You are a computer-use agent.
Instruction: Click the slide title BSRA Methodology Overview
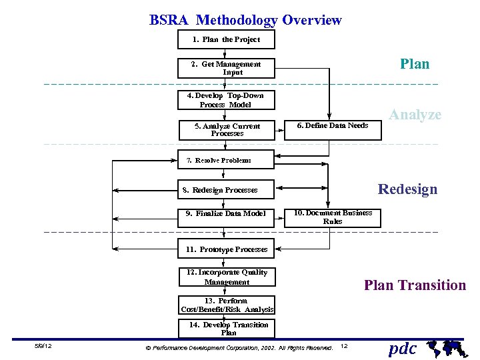[x=245, y=20]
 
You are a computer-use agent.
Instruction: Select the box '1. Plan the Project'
[x=227, y=40]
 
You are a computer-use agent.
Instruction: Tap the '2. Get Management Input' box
[x=227, y=68]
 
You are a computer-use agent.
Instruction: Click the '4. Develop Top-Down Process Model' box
[x=227, y=100]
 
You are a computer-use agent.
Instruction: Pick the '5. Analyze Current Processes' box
[x=227, y=129]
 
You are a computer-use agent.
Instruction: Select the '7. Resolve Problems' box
[x=227, y=160]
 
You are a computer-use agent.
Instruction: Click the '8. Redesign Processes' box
[x=227, y=190]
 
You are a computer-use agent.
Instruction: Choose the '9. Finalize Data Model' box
[x=227, y=214]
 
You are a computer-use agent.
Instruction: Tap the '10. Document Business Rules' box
[x=333, y=217]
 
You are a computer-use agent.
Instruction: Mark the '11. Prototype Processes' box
[x=227, y=249]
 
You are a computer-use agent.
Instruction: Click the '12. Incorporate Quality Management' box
[x=227, y=277]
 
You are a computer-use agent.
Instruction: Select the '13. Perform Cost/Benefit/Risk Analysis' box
[x=227, y=305]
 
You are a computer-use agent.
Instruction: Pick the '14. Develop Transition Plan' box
[x=227, y=329]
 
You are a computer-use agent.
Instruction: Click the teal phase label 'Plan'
[x=415, y=64]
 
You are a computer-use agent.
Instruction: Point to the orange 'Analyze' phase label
[x=415, y=115]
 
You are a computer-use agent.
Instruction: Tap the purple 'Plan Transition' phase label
[x=415, y=285]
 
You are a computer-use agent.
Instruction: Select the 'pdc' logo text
[x=403, y=348]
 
